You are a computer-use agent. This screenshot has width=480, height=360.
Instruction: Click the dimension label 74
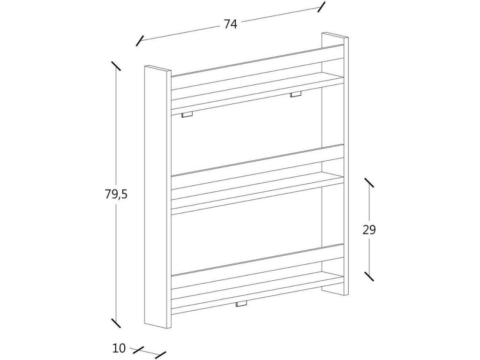coord(230,24)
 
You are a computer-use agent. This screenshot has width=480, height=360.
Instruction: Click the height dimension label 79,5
coord(116,194)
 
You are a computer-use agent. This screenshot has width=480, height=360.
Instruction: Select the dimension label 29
coord(369,229)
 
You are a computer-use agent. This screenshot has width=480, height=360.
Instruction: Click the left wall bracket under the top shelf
coord(187,114)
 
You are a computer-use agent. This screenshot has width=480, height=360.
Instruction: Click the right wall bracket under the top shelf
coord(295,95)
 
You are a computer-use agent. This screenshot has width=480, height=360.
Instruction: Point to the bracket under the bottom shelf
coord(241,304)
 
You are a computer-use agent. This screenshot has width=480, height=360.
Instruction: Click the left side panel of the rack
coord(156,197)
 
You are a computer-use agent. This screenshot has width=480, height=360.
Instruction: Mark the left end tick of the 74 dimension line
coord(140,40)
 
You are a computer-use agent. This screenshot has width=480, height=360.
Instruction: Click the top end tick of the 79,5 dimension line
coord(116,66)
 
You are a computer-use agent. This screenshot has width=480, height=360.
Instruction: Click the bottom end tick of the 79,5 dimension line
coord(116,322)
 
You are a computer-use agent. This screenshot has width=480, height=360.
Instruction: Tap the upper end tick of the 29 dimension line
coord(369,182)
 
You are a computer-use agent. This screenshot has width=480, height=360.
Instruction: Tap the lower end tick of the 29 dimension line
coord(369,276)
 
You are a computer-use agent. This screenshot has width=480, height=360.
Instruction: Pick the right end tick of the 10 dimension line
coord(162,354)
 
